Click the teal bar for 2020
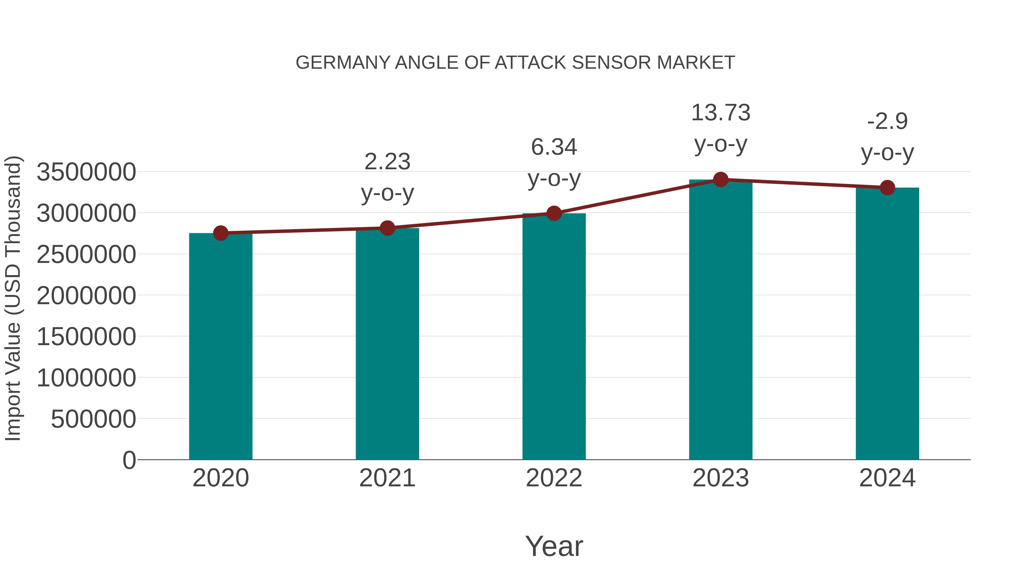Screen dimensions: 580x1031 (x=221, y=346)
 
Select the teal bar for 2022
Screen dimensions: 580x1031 (x=554, y=336)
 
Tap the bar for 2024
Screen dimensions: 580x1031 (x=887, y=323)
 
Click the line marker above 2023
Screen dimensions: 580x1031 (x=721, y=180)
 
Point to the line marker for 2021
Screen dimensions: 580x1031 (x=387, y=228)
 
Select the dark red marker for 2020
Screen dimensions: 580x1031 (x=221, y=233)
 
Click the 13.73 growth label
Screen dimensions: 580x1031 (x=721, y=113)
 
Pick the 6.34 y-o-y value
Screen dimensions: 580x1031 (x=554, y=147)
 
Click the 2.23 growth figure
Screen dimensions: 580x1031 (x=387, y=162)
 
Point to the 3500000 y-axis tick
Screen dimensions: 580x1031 (x=86, y=172)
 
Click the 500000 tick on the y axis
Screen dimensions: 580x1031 (x=93, y=419)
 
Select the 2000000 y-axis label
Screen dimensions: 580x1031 (x=86, y=296)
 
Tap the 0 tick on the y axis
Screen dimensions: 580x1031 (x=129, y=460)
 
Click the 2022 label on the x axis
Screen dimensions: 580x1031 (x=554, y=478)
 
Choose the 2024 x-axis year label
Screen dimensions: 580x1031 (x=887, y=478)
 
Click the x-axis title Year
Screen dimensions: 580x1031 (x=554, y=546)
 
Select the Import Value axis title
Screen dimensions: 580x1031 (x=13, y=298)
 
